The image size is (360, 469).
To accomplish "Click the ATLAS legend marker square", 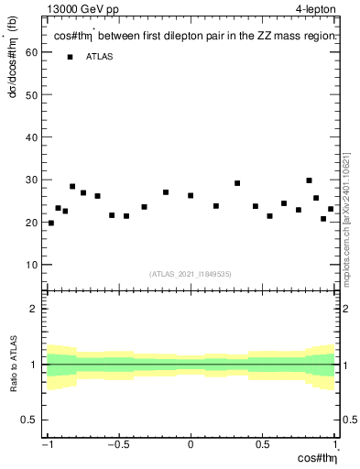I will point(69,57).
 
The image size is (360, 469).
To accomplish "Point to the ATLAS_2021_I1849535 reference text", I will point(191,273).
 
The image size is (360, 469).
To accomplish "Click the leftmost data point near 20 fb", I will point(51,223).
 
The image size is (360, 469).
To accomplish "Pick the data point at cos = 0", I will point(191,195).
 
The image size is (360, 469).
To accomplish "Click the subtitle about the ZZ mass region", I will point(196,36).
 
